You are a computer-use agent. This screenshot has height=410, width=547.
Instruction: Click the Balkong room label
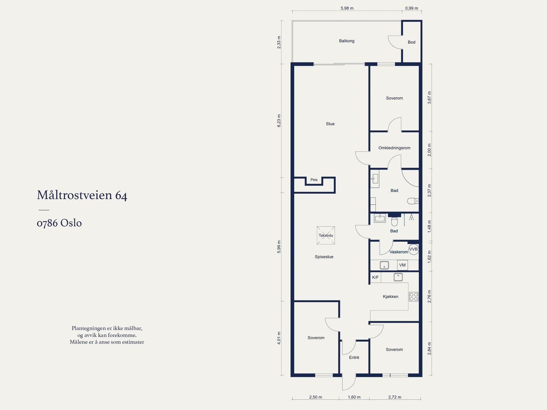(x=346, y=41)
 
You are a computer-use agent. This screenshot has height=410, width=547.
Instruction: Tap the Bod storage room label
(x=411, y=42)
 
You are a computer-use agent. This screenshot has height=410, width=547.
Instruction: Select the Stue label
(x=330, y=124)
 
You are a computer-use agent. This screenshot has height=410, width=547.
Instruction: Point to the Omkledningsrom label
(x=394, y=148)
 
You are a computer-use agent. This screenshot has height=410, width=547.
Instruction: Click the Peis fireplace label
(x=314, y=180)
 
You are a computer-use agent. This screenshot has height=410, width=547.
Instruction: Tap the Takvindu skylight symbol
(x=326, y=235)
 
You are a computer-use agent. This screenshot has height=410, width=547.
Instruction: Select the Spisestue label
(x=324, y=257)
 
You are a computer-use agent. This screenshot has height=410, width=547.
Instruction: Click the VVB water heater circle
(x=413, y=249)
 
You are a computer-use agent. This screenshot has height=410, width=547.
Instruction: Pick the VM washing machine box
(x=402, y=265)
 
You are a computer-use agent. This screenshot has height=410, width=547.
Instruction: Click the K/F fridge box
(x=375, y=277)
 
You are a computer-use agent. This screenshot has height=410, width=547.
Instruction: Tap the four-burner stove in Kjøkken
(x=414, y=297)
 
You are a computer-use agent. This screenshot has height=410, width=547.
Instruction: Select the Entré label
(x=354, y=357)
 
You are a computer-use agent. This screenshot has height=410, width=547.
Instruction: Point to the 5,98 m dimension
(x=347, y=8)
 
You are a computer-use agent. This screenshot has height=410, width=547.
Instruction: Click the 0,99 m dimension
(x=411, y=8)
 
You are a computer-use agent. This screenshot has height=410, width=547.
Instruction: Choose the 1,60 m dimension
(x=354, y=397)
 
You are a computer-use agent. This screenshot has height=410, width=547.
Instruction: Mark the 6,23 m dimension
(x=279, y=121)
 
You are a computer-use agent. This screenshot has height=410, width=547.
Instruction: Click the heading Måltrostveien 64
(x=82, y=195)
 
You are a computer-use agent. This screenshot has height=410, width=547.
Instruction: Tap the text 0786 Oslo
(x=59, y=223)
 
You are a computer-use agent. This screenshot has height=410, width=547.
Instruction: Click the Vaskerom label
(x=399, y=252)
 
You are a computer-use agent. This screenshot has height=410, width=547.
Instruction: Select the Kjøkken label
(x=390, y=296)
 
